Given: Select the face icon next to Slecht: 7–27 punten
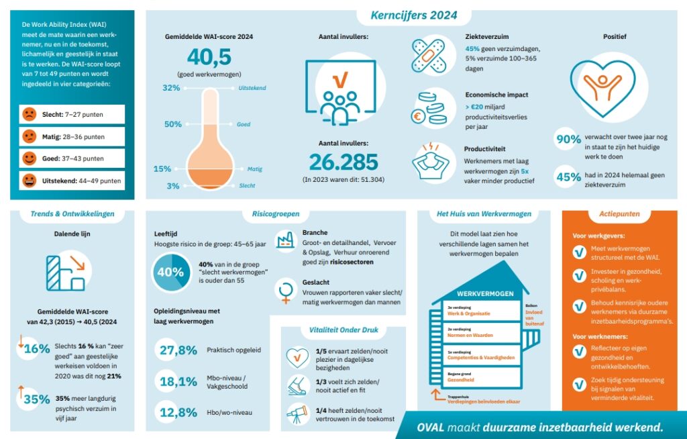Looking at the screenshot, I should tap(30, 114).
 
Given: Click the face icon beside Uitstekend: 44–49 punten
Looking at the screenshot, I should tap(30, 181).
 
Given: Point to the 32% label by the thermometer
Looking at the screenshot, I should tap(172, 88).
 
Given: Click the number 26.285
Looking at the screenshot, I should tap(343, 162).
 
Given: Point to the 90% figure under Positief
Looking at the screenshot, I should tap(568, 140).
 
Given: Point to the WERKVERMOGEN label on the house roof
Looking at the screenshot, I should tap(485, 294).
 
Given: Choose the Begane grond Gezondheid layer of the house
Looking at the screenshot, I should tap(476, 377).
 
